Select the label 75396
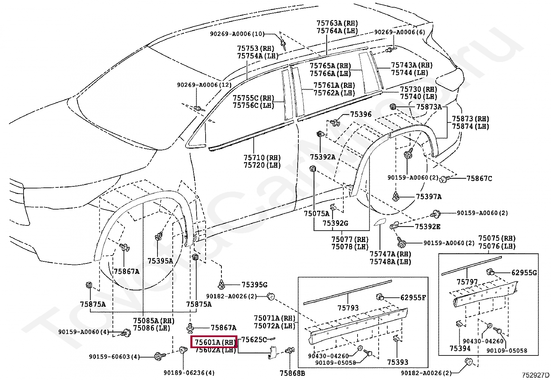click(x=361, y=114)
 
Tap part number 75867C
click(x=479, y=178)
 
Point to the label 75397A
click(x=428, y=197)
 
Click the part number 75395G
click(x=254, y=285)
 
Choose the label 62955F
click(x=413, y=297)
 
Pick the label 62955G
click(x=524, y=273)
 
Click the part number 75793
click(x=348, y=307)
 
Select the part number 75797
click(x=467, y=282)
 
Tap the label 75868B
click(x=292, y=373)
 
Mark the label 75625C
click(x=254, y=340)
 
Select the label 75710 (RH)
click(x=262, y=157)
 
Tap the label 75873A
click(x=429, y=107)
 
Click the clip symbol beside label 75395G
click(x=222, y=284)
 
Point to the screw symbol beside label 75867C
click(x=444, y=179)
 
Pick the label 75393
click(x=398, y=362)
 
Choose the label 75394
click(x=460, y=348)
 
